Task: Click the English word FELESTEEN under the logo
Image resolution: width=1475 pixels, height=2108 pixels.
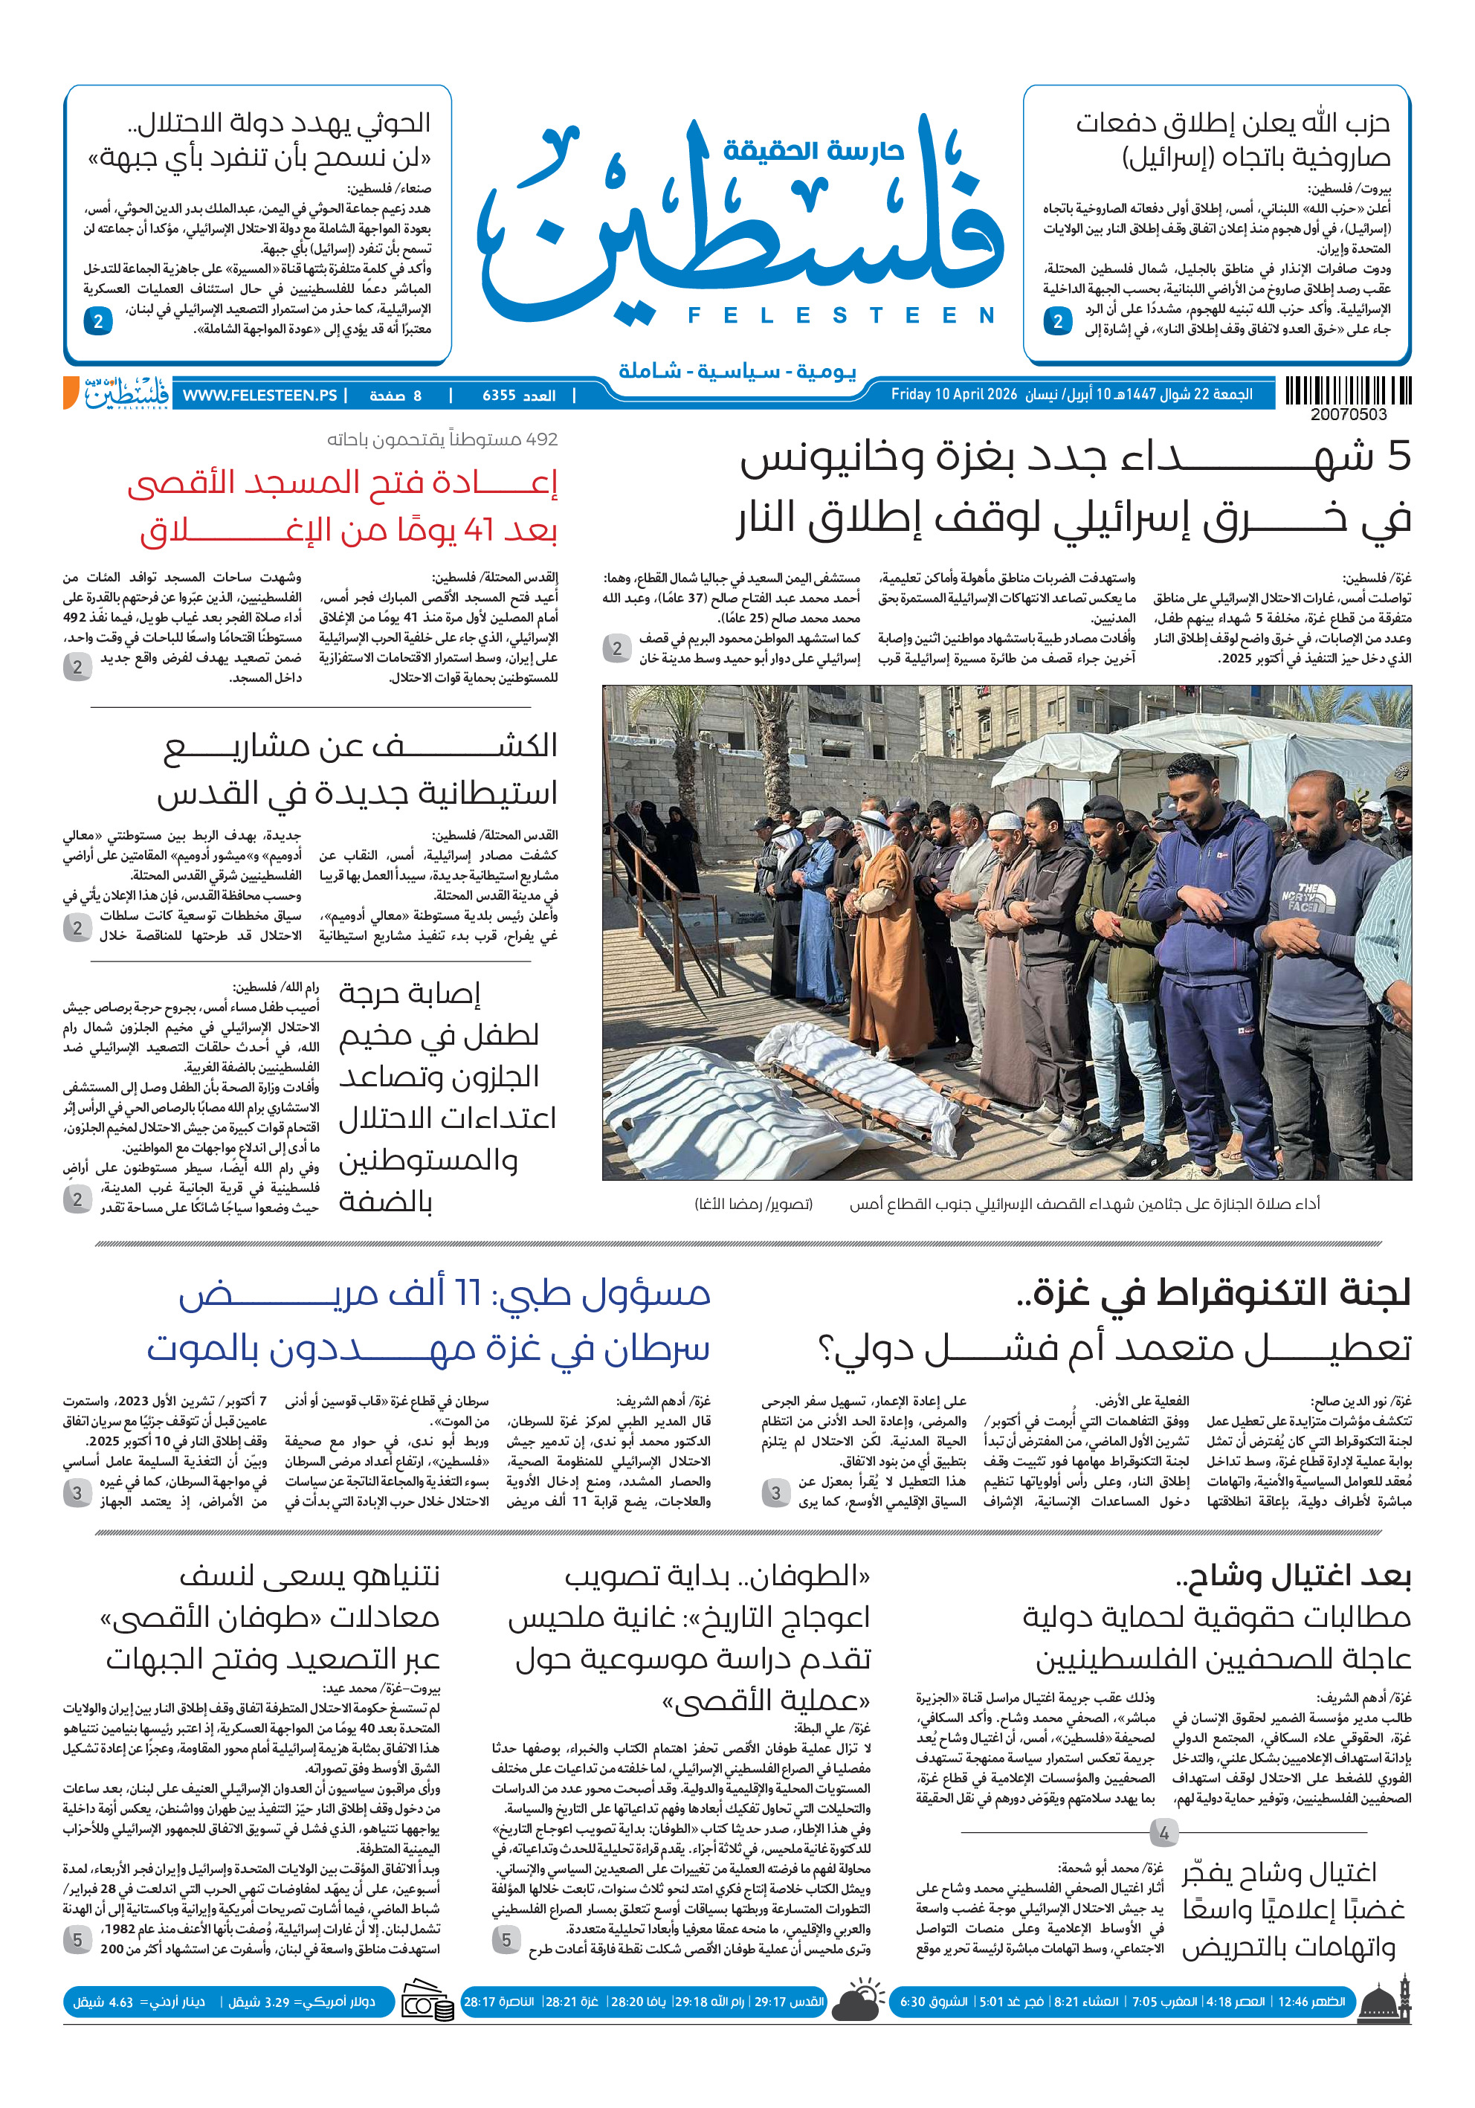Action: point(841,316)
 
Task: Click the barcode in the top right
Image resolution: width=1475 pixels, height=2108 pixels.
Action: point(1347,391)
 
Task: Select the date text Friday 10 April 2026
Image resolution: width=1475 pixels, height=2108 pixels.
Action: point(954,395)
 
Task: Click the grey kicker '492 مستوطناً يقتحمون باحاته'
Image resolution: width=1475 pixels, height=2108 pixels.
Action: point(442,439)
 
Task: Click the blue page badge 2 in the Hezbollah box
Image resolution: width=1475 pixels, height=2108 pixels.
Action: point(1057,321)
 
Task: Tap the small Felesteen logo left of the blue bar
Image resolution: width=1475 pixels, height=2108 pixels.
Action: point(126,393)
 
